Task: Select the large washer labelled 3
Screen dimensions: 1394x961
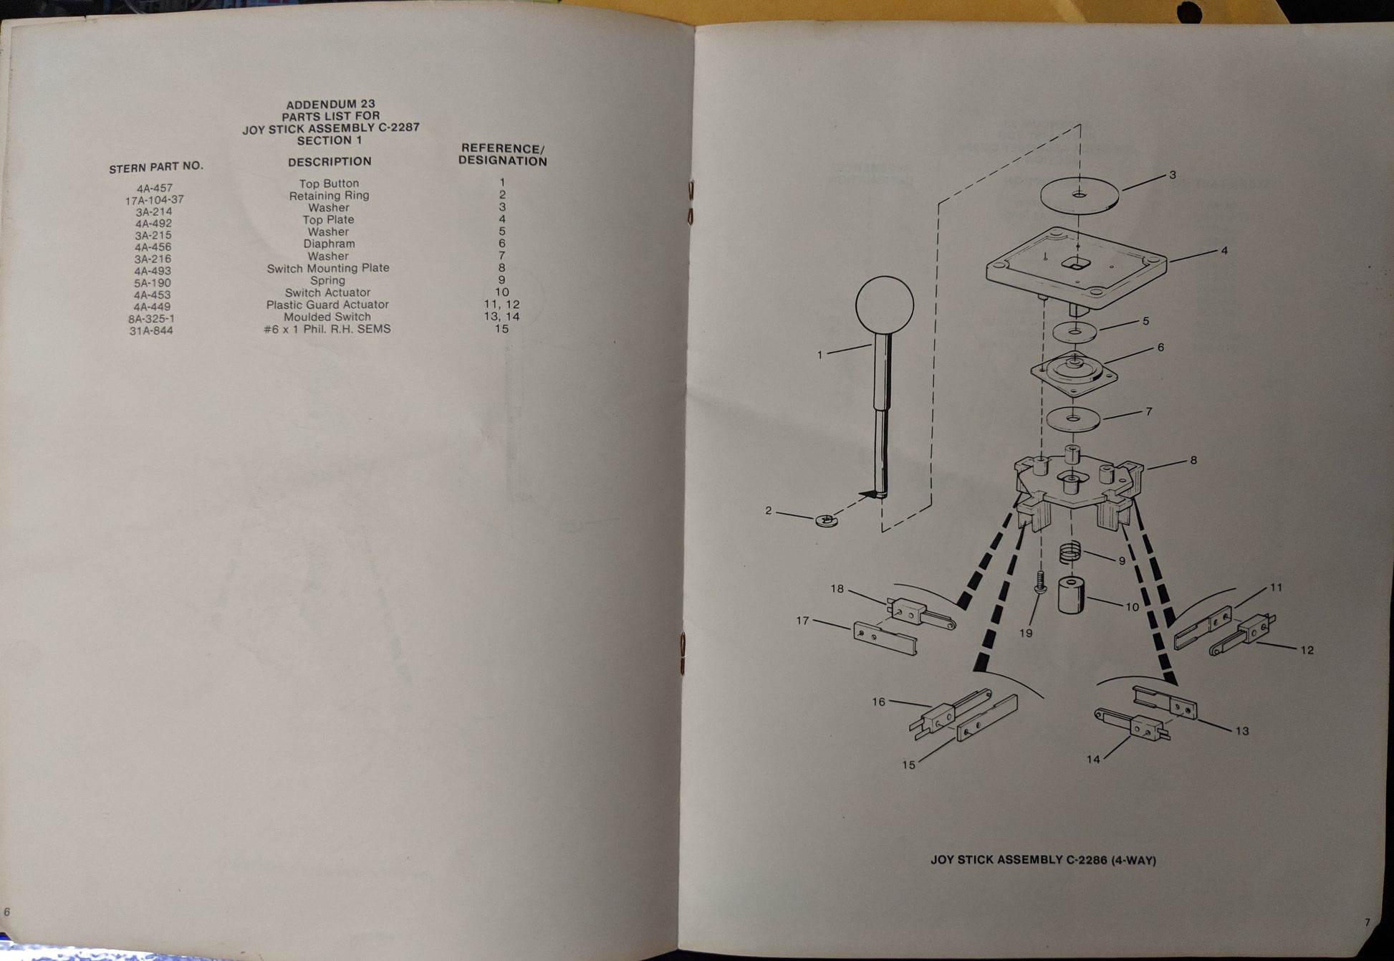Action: [x=1079, y=193]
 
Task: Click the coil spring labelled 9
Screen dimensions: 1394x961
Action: [x=1070, y=554]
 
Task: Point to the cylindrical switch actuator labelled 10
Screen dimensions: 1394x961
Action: [x=1071, y=594]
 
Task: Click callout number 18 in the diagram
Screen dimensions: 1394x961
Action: [x=837, y=589]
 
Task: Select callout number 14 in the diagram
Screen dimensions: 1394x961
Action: [x=1093, y=759]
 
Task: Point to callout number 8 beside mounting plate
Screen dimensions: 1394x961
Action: [x=1193, y=460]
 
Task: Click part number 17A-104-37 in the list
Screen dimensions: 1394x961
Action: [x=155, y=200]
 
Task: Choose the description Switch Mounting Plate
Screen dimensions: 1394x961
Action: [x=328, y=268]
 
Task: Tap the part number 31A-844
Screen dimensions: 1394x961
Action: [x=151, y=330]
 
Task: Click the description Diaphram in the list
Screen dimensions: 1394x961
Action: [x=329, y=244]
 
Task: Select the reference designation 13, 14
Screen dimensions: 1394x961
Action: [x=501, y=316]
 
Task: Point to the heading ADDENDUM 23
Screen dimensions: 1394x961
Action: [x=330, y=104]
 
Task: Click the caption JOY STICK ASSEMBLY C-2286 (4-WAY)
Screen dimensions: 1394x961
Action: [x=1043, y=859]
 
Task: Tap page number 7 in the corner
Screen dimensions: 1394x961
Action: [x=1366, y=922]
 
